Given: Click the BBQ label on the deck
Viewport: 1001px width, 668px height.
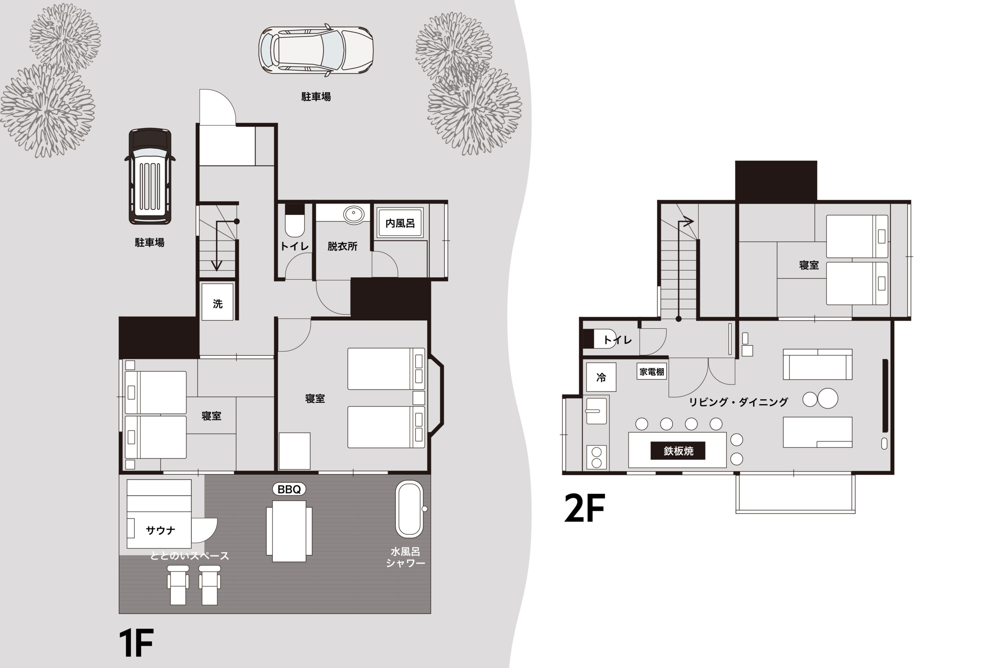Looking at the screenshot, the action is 289,489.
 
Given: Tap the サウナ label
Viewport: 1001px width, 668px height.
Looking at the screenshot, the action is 160,530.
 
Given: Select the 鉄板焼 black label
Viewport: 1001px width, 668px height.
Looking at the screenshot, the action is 678,451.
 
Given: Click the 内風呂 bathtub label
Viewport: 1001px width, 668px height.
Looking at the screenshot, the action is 400,223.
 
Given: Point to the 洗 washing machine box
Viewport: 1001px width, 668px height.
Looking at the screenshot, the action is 217,302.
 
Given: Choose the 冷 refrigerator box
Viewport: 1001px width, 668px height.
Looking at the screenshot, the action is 601,377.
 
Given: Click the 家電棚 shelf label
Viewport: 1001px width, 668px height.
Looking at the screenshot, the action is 651,371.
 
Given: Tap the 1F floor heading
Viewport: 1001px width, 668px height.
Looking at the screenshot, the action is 136,643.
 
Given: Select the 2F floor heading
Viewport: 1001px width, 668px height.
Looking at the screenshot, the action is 584,508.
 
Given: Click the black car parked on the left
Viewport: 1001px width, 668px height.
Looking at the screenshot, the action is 150,176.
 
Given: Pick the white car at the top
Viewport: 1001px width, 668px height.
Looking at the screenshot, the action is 316,50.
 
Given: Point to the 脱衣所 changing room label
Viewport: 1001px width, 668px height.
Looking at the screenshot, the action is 342,246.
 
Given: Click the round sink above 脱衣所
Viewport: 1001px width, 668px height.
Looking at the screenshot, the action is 353,214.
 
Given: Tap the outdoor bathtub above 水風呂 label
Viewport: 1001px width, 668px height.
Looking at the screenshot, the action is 410,509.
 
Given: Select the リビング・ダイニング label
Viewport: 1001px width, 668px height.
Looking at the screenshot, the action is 738,402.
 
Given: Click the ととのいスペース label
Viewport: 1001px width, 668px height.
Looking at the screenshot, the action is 189,556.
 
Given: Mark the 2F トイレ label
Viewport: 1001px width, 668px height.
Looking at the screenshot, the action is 617,340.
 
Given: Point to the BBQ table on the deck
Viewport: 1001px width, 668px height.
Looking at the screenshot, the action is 289,531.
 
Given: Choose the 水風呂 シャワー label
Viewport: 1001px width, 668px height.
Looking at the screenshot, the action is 405,557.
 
